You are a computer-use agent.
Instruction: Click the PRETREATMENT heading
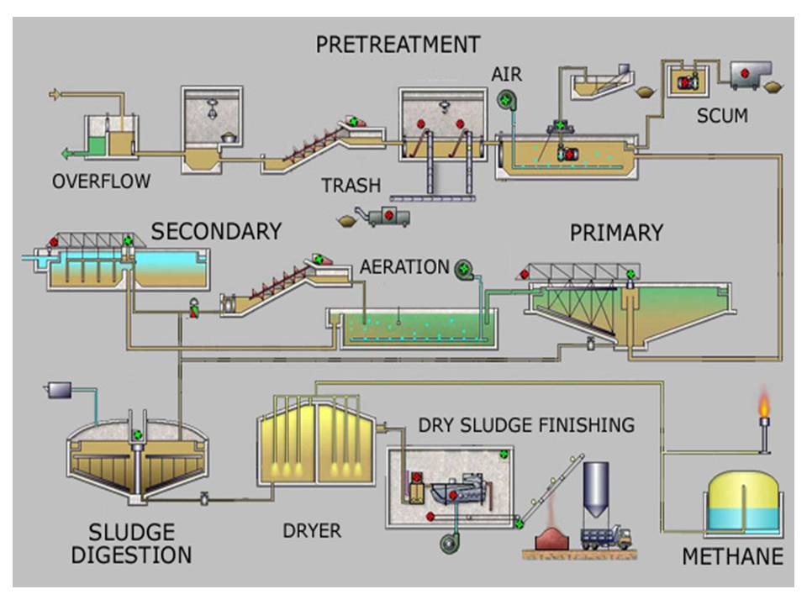[x=398, y=44]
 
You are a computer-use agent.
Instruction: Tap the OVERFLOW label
[x=101, y=181]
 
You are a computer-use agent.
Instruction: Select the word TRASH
[x=351, y=185]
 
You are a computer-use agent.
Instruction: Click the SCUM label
[x=722, y=116]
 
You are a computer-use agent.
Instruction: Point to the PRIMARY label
[x=616, y=233]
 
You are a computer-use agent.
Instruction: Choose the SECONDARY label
[x=216, y=231]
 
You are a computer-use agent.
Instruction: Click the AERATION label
[x=404, y=267]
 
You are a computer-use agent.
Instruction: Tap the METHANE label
[x=732, y=556]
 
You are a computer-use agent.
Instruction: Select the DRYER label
[x=311, y=530]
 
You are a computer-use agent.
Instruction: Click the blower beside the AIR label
[x=506, y=100]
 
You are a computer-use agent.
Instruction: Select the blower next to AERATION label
[x=464, y=270]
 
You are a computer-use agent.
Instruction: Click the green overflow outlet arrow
[x=67, y=153]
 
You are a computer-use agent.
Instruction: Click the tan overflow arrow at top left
[x=55, y=94]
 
